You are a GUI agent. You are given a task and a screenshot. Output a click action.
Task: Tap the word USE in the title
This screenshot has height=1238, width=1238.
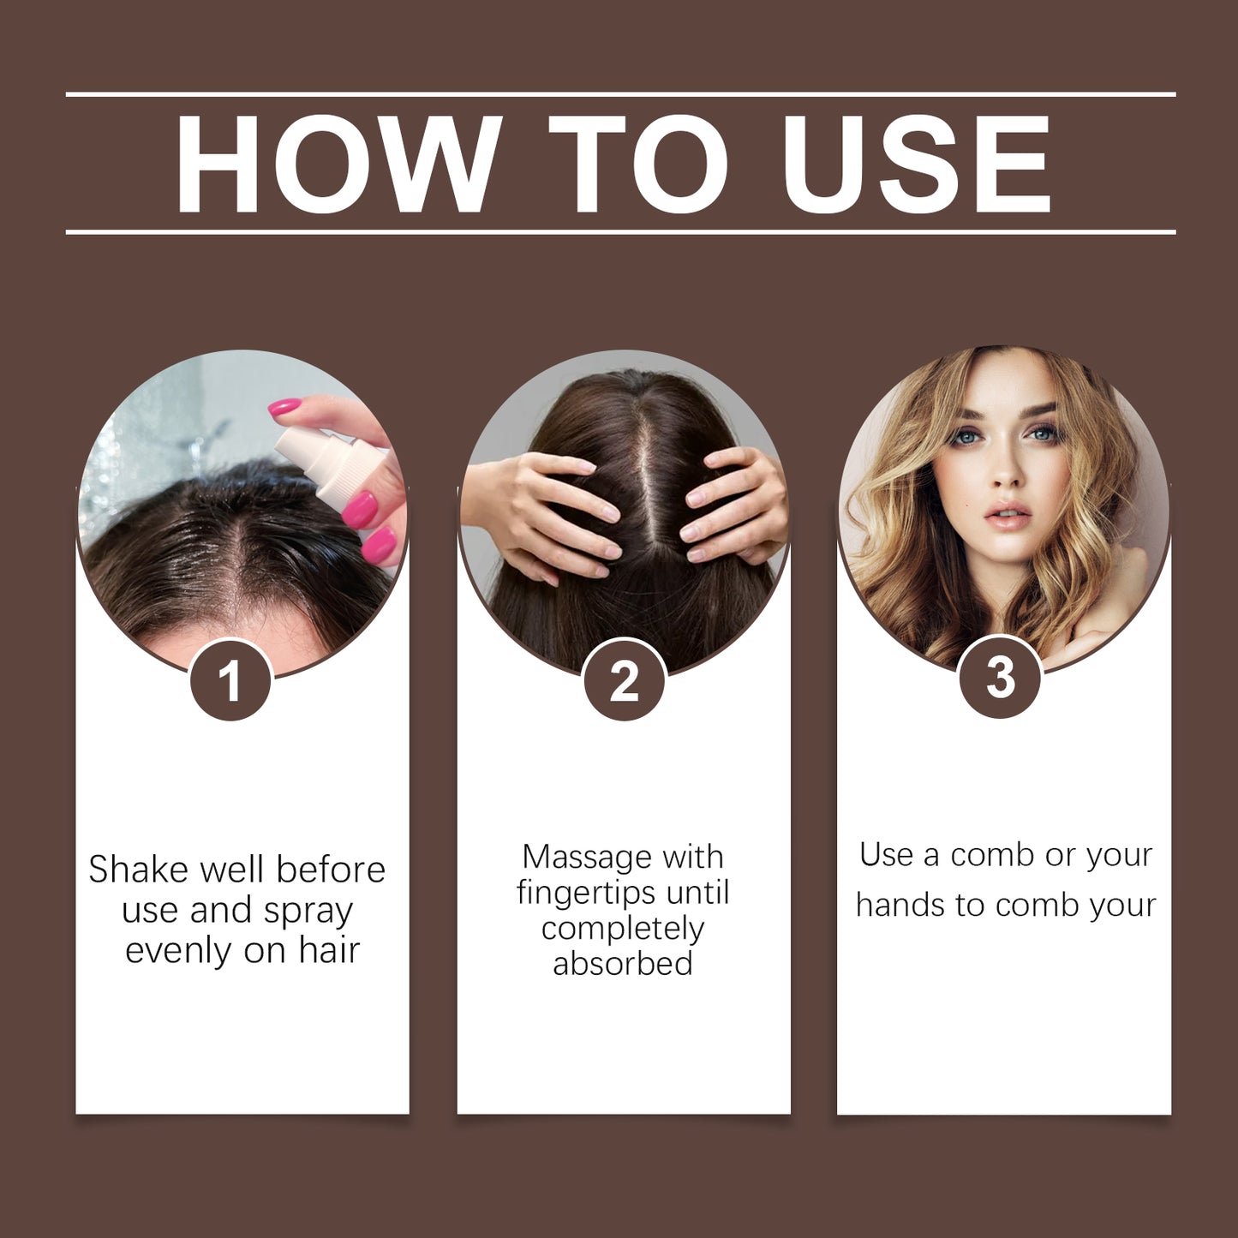[x=917, y=164]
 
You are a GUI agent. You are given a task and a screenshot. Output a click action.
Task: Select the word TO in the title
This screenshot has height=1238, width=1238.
[x=638, y=164]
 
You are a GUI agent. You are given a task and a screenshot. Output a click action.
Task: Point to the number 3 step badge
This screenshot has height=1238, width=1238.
[x=1000, y=678]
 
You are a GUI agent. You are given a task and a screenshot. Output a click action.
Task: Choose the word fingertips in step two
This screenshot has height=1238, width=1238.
[x=586, y=894]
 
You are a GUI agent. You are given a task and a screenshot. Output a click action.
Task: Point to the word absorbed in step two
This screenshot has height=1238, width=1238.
[x=623, y=964]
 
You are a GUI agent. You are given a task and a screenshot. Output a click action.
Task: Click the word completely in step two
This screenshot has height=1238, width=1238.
[x=623, y=929]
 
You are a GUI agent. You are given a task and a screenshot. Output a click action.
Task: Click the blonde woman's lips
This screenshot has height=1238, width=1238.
[x=1008, y=517]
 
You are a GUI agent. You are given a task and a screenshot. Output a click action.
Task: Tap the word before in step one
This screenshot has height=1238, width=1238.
[x=331, y=870]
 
